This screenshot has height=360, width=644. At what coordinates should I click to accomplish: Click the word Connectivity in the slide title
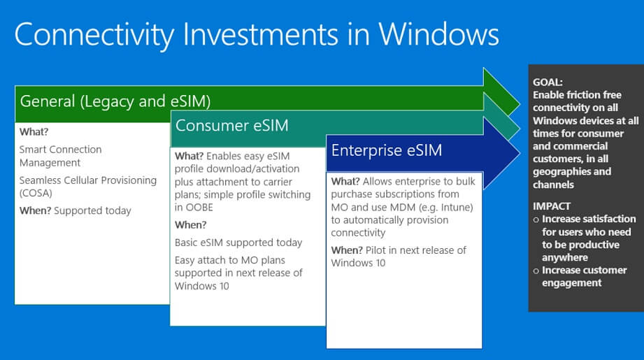pos(94,34)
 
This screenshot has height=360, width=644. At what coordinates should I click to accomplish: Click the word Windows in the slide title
pos(438,34)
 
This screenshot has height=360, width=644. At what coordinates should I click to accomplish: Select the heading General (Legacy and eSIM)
pos(115,101)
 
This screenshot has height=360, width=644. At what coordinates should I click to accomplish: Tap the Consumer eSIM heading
pos(232,126)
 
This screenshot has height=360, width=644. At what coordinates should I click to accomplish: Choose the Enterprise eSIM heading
pos(387,150)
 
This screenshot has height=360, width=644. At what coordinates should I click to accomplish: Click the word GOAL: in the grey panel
pos(548,82)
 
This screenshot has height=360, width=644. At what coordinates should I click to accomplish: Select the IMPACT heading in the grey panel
pos(552,206)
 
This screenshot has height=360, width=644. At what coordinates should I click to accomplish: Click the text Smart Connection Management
pos(60,156)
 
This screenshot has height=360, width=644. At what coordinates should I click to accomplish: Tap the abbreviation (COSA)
pos(36,193)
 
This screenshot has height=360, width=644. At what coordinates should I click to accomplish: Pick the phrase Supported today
pos(92,210)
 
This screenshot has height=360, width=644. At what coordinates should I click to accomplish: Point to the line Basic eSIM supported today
pos(238,243)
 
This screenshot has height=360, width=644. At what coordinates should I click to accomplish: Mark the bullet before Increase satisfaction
pos(536,220)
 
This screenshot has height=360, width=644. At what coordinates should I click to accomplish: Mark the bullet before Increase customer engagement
pos(536,271)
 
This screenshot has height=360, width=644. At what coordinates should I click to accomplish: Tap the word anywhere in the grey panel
pos(565,257)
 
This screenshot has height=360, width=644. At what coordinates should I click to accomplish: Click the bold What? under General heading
pos(34,132)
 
